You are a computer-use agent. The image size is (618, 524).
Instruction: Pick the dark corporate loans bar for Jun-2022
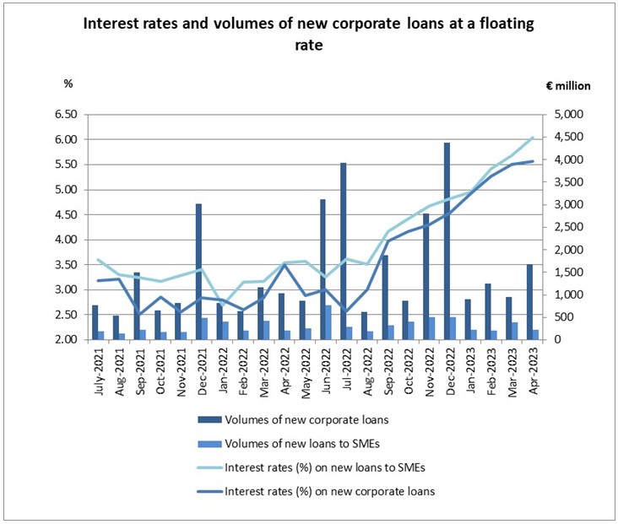[x=323, y=269]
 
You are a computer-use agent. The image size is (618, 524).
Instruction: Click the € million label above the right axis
[x=566, y=84]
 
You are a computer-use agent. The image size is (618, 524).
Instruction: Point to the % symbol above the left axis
[x=69, y=84]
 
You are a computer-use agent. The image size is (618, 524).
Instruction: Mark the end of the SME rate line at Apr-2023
[x=532, y=138]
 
